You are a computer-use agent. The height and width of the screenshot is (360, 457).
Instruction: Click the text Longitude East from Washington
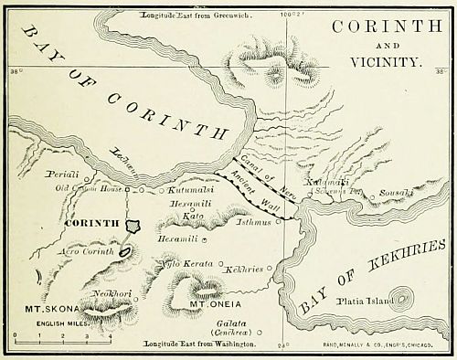pyautogui.click(x=199, y=345)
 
